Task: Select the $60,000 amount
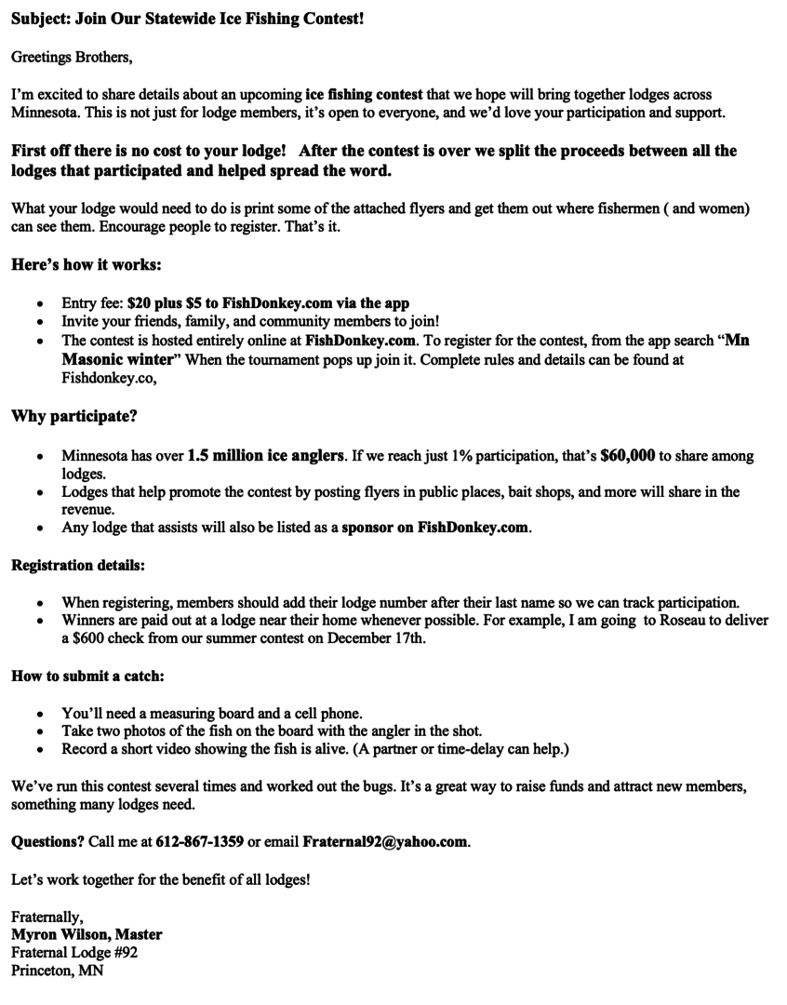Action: pos(629,456)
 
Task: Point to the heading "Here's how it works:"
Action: pos(87,264)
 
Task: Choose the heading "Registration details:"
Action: pos(78,565)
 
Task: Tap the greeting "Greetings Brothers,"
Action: pos(72,58)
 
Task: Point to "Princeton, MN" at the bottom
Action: pos(58,971)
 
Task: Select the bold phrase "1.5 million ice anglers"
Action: pos(266,456)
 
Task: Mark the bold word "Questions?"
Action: pos(47,842)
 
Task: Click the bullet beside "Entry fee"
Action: pos(39,304)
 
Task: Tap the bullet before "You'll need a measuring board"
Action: pos(39,714)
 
